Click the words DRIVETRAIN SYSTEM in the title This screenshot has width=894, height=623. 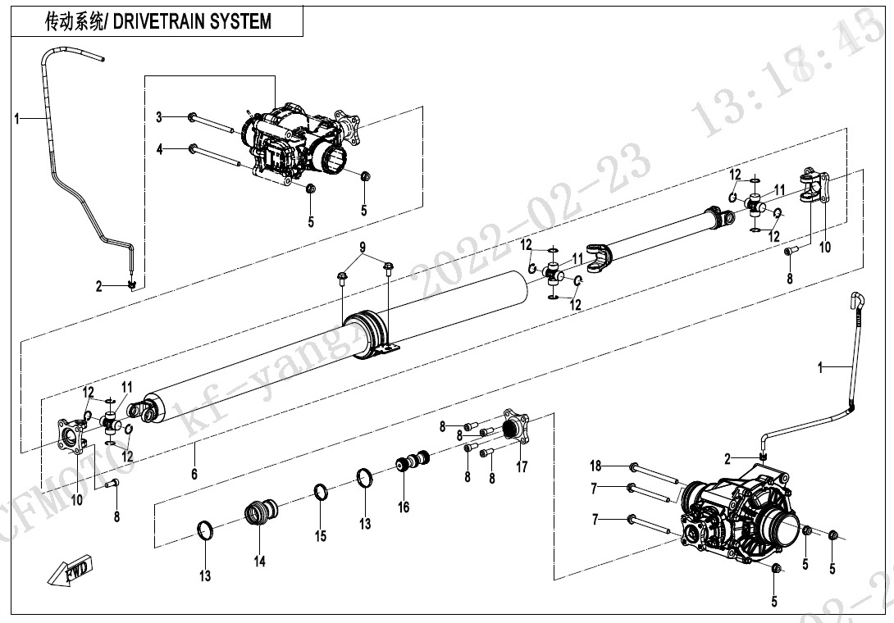(x=193, y=22)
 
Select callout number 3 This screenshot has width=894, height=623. (x=160, y=117)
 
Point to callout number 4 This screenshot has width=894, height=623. (x=160, y=149)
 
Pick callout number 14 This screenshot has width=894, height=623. (x=259, y=561)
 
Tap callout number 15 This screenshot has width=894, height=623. (x=321, y=536)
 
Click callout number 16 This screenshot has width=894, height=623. (x=404, y=507)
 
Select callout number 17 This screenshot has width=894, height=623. (x=522, y=469)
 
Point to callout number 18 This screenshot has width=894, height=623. (x=596, y=466)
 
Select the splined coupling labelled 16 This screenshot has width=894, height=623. (x=413, y=462)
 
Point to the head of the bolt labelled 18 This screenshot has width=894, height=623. (x=633, y=467)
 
